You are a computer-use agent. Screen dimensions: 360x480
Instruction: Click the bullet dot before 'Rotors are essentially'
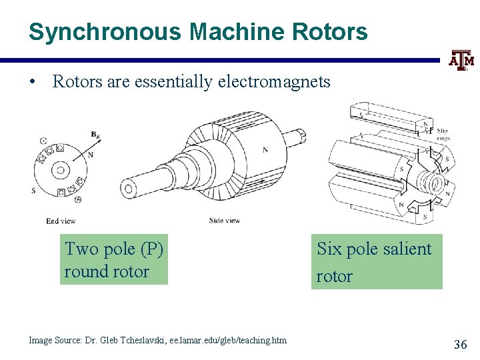(x=33, y=82)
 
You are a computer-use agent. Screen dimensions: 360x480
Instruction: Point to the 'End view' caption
(x=61, y=221)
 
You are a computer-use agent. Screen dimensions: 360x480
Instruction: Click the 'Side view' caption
(x=225, y=221)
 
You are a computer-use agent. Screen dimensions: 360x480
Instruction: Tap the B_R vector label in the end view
(x=97, y=134)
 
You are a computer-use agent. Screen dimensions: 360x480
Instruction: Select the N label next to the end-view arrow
(x=91, y=155)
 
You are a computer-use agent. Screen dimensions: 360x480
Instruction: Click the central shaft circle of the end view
(x=60, y=170)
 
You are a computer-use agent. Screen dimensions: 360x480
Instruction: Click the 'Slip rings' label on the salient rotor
(x=442, y=134)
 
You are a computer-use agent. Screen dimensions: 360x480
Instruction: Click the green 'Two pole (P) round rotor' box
(x=114, y=260)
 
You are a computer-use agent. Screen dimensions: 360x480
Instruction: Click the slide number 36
(x=460, y=345)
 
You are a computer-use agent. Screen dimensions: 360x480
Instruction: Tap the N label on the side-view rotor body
(x=265, y=150)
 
